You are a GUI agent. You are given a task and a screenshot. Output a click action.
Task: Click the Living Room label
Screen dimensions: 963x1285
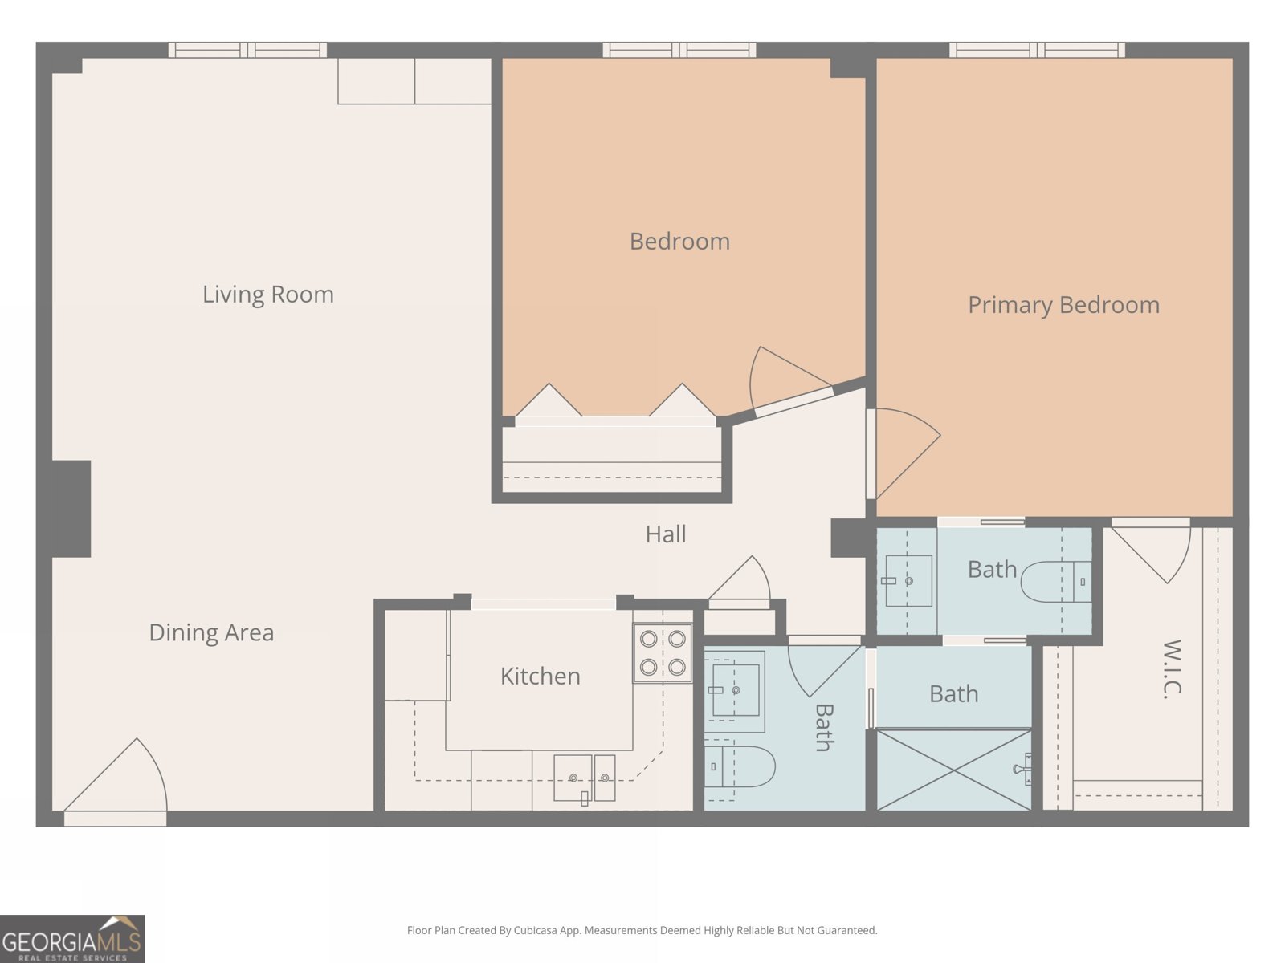pyautogui.click(x=267, y=295)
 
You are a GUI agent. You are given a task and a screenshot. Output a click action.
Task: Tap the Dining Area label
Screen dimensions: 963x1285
pyautogui.click(x=211, y=633)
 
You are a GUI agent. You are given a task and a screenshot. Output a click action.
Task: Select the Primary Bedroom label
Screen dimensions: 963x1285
pyautogui.click(x=1063, y=305)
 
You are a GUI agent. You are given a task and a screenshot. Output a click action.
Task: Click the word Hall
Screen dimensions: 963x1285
pyautogui.click(x=665, y=534)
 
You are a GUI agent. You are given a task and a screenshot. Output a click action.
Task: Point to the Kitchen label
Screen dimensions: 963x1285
pyautogui.click(x=540, y=677)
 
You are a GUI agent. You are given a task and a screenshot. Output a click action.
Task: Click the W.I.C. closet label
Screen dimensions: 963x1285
pyautogui.click(x=1172, y=669)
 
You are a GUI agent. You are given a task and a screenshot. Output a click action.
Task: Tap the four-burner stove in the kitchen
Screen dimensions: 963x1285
pyautogui.click(x=663, y=652)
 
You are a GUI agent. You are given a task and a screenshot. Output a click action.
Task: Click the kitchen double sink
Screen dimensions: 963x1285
pyautogui.click(x=584, y=778)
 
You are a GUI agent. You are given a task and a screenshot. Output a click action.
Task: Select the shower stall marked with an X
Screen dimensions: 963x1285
pyautogui.click(x=953, y=770)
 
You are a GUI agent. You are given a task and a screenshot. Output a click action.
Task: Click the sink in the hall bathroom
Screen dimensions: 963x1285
pyautogui.click(x=735, y=689)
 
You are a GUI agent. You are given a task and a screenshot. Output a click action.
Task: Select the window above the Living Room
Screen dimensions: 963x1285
pyautogui.click(x=247, y=50)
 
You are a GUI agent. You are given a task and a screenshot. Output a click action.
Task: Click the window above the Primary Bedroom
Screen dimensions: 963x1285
pyautogui.click(x=1037, y=50)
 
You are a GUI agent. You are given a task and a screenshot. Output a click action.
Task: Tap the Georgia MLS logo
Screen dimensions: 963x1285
pyautogui.click(x=71, y=939)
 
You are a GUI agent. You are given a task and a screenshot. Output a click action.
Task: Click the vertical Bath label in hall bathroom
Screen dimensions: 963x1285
pyautogui.click(x=824, y=727)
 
